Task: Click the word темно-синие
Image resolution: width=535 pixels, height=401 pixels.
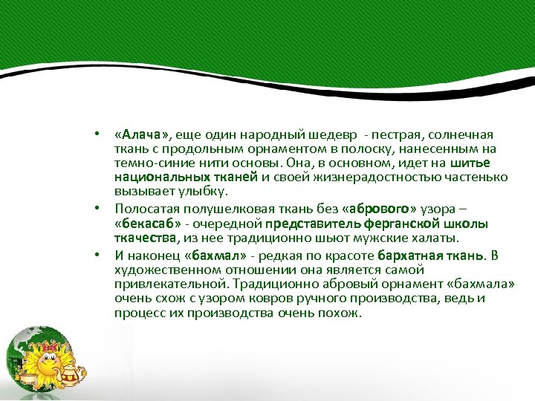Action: [148, 163]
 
